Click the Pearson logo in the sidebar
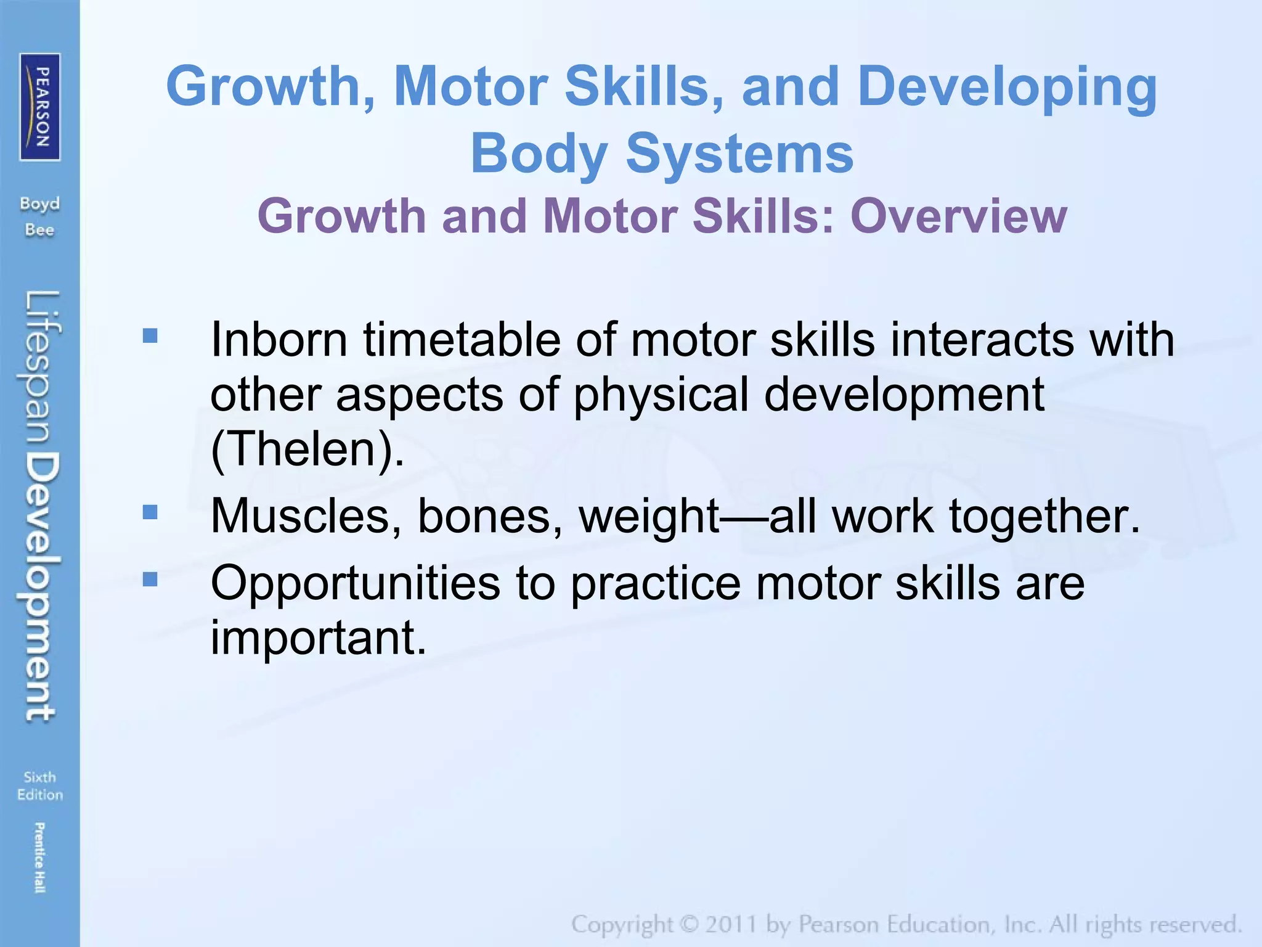pos(40,107)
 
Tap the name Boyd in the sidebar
pos(39,203)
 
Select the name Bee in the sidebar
pos(39,230)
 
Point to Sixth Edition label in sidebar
pos(40,785)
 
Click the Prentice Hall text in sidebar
pos(39,857)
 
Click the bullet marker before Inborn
pos(150,335)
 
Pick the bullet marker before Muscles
pos(150,512)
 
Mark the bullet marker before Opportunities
pos(150,580)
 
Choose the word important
pos(317,637)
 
